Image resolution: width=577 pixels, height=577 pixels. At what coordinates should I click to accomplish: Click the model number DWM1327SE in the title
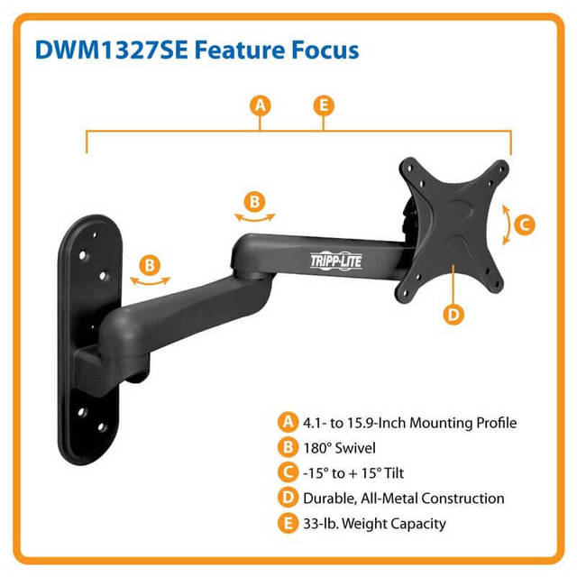pyautogui.click(x=112, y=50)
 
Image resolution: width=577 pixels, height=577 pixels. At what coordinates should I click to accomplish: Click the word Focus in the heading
pyautogui.click(x=325, y=50)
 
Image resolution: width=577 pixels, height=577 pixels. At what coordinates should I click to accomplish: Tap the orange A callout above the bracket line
pyautogui.click(x=261, y=105)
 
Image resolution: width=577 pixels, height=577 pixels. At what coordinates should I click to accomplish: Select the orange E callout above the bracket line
pyautogui.click(x=324, y=105)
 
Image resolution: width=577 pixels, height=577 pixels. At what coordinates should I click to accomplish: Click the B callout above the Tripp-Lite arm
pyautogui.click(x=254, y=202)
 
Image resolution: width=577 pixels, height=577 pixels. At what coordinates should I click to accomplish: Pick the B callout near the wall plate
pyautogui.click(x=150, y=265)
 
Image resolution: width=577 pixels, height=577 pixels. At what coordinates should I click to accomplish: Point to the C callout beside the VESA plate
pyautogui.click(x=525, y=224)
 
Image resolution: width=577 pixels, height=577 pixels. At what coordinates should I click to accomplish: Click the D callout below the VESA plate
pyautogui.click(x=453, y=315)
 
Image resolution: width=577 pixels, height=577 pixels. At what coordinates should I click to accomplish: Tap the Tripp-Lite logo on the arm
pyautogui.click(x=336, y=261)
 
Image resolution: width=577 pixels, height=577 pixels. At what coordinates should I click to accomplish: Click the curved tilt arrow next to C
pyautogui.click(x=508, y=224)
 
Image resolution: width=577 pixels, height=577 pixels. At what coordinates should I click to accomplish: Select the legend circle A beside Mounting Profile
pyautogui.click(x=288, y=422)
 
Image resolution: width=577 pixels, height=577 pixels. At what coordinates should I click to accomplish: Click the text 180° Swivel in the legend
pyautogui.click(x=339, y=448)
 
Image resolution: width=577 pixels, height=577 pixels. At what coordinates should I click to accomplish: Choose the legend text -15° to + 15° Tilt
pyautogui.click(x=353, y=473)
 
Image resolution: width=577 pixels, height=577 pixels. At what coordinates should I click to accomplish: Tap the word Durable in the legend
pyautogui.click(x=329, y=499)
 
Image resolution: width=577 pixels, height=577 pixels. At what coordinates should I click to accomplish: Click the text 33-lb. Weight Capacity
pyautogui.click(x=374, y=524)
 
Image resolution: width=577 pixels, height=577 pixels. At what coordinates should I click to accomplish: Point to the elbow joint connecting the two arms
pyautogui.click(x=252, y=258)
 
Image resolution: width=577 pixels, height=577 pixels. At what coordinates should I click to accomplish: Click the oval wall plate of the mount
pyautogui.click(x=90, y=339)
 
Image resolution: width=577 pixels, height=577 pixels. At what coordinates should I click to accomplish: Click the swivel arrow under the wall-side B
pyautogui.click(x=151, y=282)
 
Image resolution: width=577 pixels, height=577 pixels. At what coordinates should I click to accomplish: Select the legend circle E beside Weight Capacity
pyautogui.click(x=288, y=523)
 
